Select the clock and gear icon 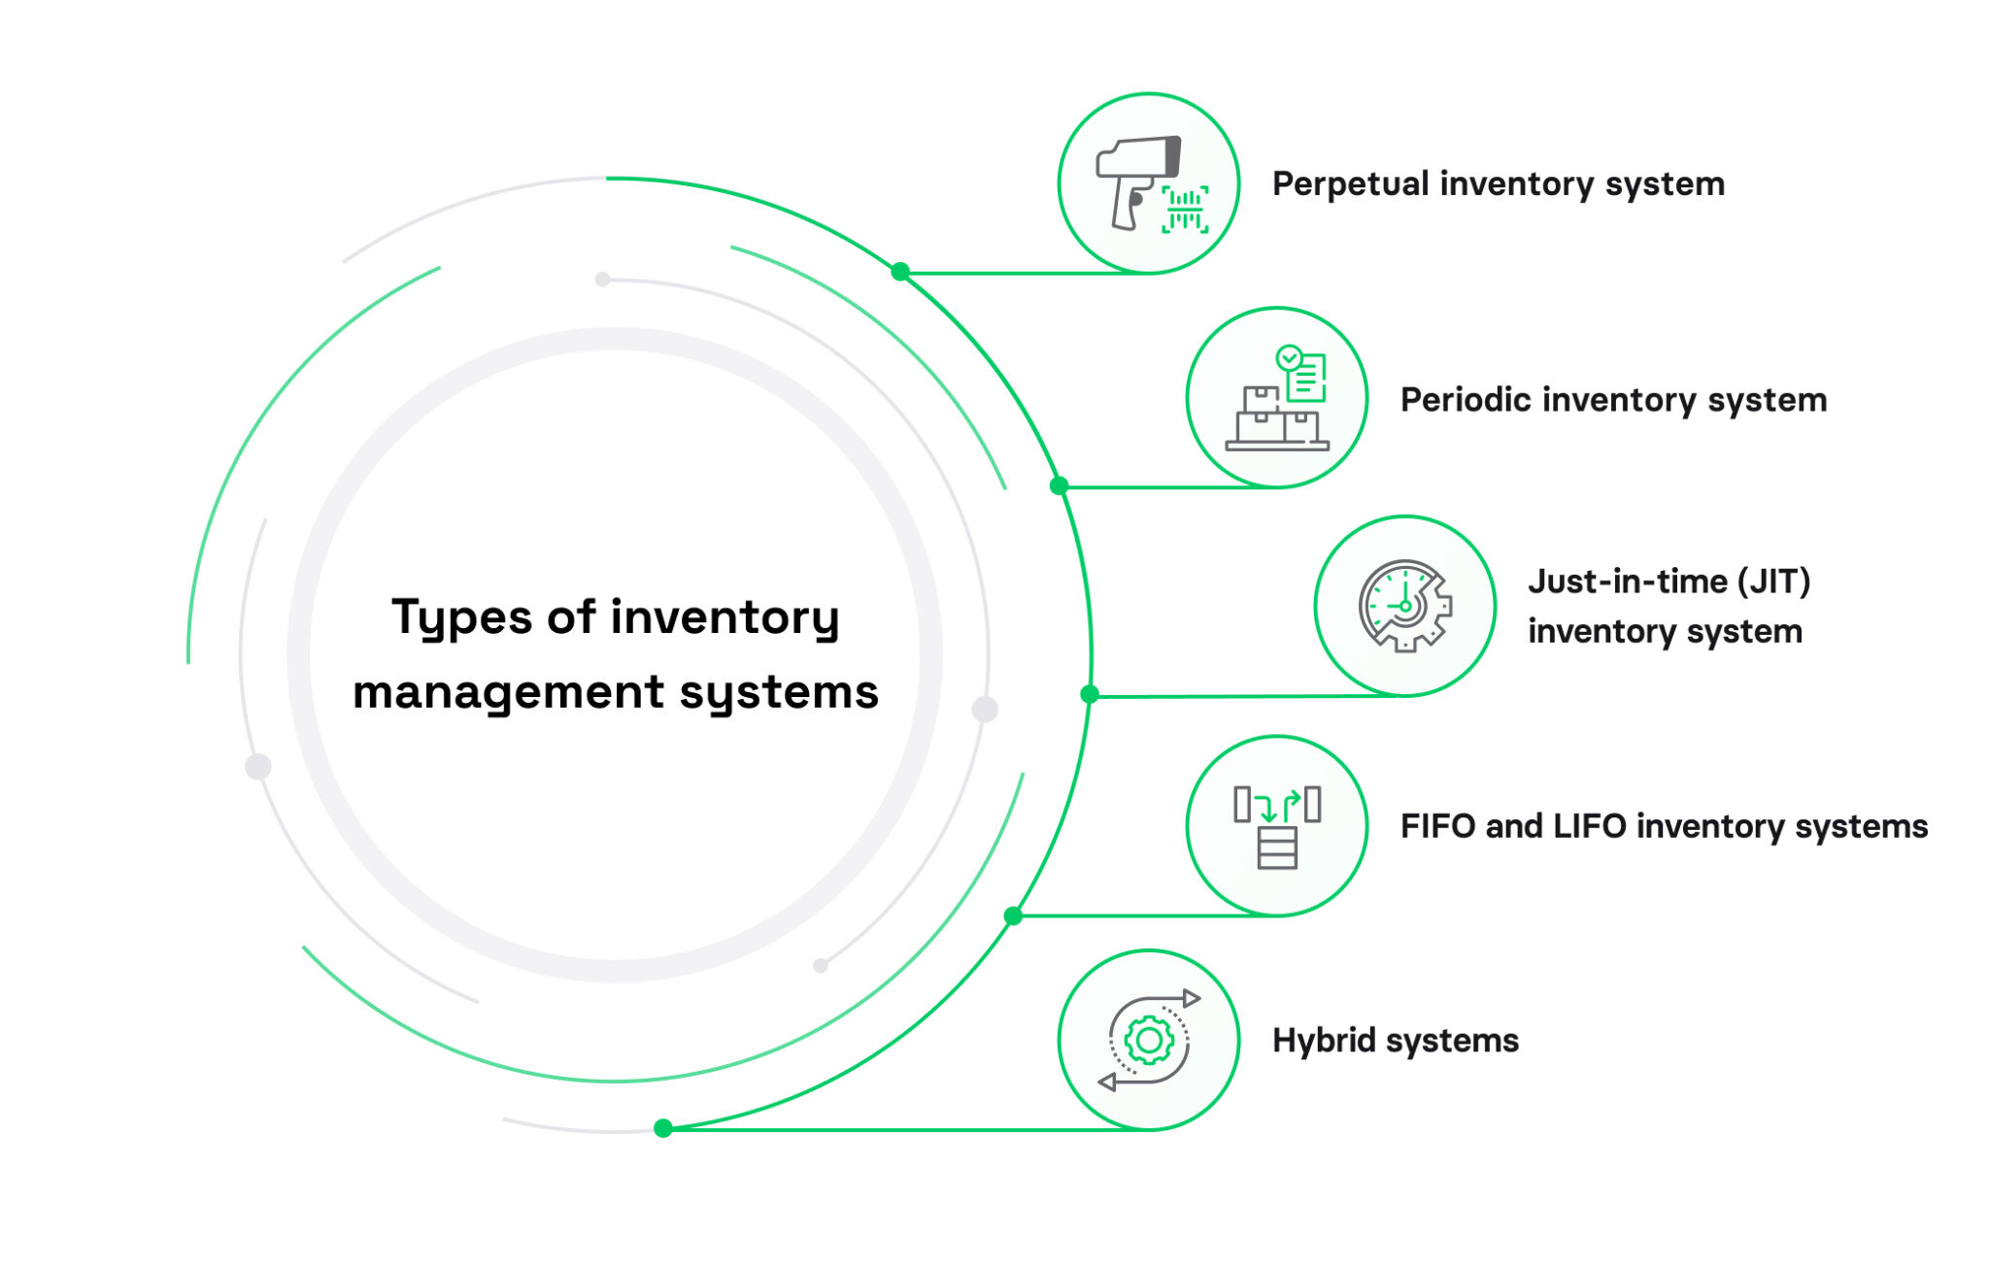tap(1404, 606)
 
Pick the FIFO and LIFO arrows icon tap(1277, 825)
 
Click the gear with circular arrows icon tap(1149, 1040)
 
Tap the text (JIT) tap(1773, 582)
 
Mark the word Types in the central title tap(463, 618)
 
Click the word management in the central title tap(509, 693)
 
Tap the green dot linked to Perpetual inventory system tap(900, 272)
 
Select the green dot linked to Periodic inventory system tap(1059, 485)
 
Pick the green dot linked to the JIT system tap(1090, 694)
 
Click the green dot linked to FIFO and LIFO tap(1013, 915)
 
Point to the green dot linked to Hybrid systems tap(663, 1128)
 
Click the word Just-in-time tap(1628, 582)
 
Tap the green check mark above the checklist tap(1289, 357)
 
